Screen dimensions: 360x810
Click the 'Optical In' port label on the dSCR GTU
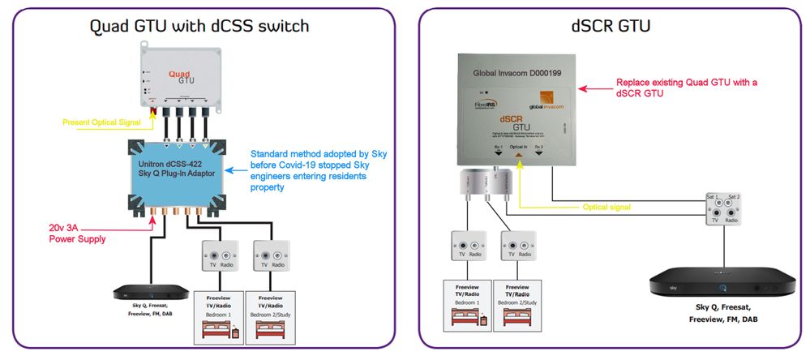[x=519, y=146]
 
